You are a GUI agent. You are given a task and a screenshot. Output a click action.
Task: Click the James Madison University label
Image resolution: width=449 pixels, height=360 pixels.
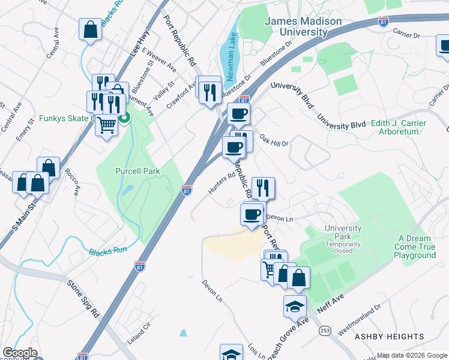click(x=304, y=26)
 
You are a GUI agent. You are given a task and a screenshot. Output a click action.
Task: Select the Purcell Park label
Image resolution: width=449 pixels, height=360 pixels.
click(x=137, y=171)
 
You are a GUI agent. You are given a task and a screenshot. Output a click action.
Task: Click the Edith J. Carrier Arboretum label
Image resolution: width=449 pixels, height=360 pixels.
click(x=399, y=127)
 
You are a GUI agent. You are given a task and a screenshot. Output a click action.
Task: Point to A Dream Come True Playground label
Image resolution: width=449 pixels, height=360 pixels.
click(x=415, y=247)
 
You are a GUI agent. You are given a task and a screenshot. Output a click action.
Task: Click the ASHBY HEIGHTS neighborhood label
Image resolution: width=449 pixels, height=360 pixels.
click(x=389, y=337)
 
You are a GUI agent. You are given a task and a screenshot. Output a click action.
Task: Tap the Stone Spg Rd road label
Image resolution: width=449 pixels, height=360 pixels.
click(x=83, y=298)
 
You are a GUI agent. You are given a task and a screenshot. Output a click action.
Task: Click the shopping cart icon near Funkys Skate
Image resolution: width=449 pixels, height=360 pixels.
click(x=107, y=125)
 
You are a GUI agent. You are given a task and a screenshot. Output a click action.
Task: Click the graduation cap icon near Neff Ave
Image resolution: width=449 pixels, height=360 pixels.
click(x=295, y=306)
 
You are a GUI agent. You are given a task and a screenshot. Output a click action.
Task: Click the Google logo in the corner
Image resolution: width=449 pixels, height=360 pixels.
click(x=19, y=353)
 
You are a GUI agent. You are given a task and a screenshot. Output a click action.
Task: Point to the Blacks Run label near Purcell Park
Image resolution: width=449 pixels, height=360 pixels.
click(x=109, y=250)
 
